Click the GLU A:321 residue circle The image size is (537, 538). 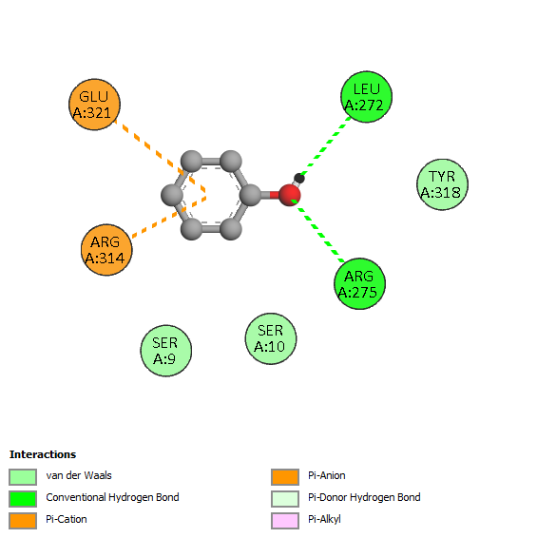[94, 105]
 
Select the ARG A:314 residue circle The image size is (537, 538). [106, 250]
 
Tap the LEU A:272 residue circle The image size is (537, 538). [367, 97]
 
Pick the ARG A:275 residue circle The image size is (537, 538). [359, 284]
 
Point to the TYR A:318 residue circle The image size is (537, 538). [442, 184]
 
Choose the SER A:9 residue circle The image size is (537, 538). [165, 351]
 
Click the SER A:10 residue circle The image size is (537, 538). [271, 338]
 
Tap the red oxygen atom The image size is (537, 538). [290, 195]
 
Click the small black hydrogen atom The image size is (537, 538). [299, 178]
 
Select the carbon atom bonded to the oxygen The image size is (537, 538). [250, 195]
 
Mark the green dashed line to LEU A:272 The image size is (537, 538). [325, 145]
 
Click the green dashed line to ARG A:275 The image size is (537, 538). [317, 231]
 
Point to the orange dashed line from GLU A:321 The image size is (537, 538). [160, 155]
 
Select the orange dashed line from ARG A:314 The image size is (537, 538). [169, 217]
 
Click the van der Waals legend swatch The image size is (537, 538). [23, 477]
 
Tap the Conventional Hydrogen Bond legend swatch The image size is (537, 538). [23, 498]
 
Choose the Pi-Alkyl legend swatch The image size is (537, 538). [285, 521]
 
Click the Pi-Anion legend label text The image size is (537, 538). [327, 475]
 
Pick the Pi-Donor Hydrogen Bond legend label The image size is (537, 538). [364, 497]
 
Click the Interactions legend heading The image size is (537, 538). [43, 454]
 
